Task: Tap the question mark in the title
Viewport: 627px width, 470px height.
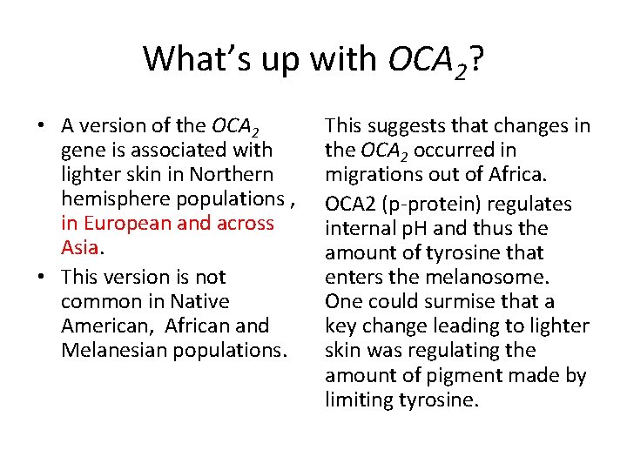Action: point(474,59)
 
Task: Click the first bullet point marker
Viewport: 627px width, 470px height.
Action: point(42,126)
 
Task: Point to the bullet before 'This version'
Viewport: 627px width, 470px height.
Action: point(42,278)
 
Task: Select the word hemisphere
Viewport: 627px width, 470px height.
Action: point(112,198)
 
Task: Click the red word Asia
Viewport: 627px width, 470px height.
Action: point(80,247)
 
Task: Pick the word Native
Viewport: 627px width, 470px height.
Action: point(200,301)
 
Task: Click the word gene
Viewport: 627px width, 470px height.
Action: point(83,151)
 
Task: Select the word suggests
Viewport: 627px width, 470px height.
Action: point(405,126)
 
